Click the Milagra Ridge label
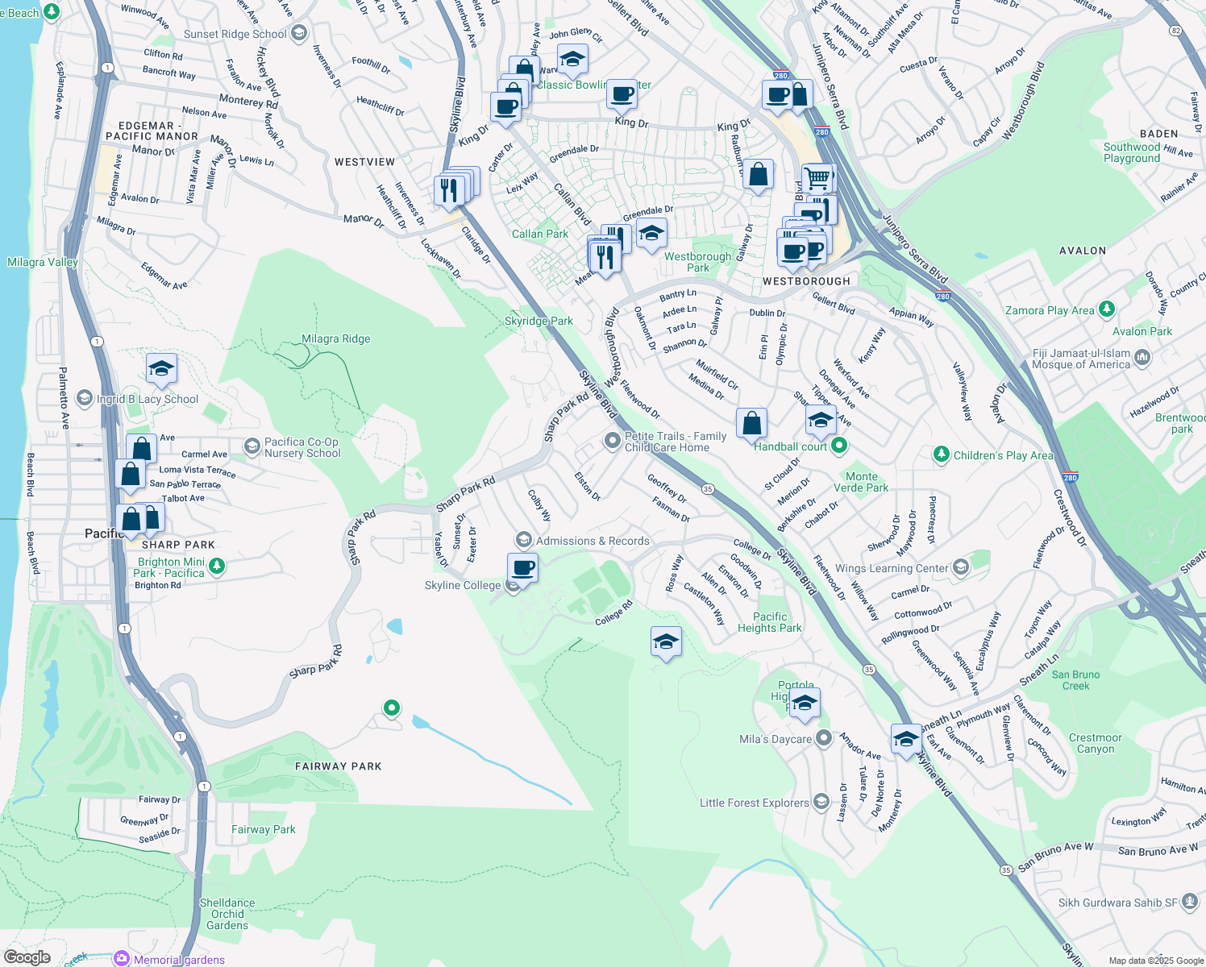point(335,338)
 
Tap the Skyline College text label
point(463,585)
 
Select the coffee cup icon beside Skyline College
point(523,568)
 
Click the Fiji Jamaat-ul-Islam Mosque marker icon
point(1142,358)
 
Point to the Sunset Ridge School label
point(235,34)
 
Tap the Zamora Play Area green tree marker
point(1107,309)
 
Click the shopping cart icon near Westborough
point(817,177)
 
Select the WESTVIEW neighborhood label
point(364,162)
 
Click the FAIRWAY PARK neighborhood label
point(338,766)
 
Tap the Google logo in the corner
point(27,957)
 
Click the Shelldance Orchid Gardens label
point(227,914)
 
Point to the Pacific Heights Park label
point(769,622)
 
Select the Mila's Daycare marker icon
point(823,738)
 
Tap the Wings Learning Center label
point(892,568)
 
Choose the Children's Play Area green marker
point(941,454)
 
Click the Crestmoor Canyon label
point(1095,743)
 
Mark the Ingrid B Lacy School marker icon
point(85,399)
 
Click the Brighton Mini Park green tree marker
point(216,567)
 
